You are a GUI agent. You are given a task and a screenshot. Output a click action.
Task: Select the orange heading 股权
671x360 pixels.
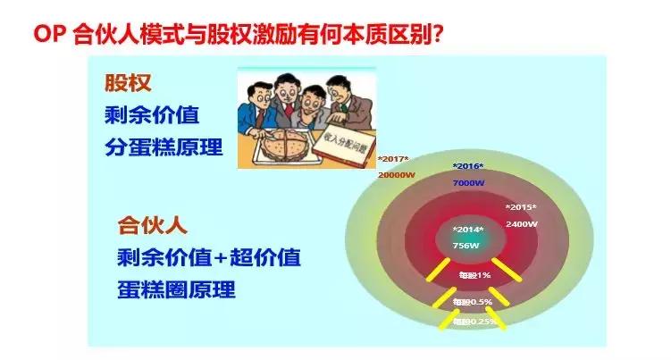coord(129,85)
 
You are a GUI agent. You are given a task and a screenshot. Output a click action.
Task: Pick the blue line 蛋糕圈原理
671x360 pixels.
coord(176,290)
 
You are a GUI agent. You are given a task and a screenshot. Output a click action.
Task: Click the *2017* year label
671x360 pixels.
coord(392,160)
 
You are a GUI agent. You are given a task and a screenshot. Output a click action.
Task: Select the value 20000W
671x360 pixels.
coord(395,174)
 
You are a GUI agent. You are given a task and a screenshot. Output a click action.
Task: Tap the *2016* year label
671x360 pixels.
coord(467,167)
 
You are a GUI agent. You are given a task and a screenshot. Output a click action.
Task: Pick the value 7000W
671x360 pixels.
coord(468,181)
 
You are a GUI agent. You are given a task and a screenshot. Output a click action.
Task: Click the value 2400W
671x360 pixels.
coord(521,223)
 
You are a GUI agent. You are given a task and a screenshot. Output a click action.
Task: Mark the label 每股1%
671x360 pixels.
coord(474,274)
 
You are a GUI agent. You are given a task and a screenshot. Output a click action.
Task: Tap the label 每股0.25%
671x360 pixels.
coord(474,322)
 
